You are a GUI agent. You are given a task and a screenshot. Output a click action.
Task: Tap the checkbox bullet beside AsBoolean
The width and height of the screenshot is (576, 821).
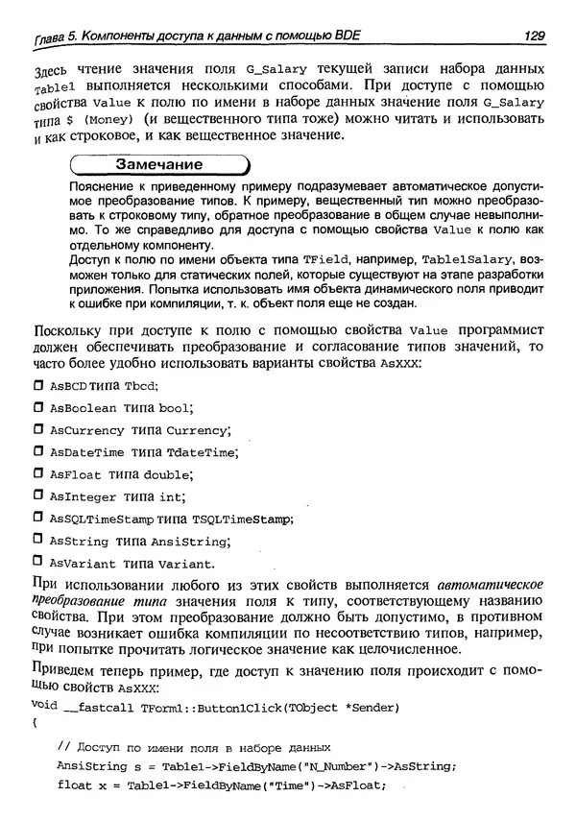[38, 407]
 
